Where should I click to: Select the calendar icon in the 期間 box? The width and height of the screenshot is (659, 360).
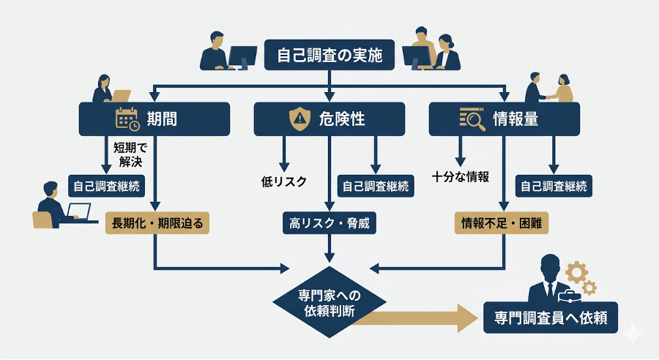(x=127, y=119)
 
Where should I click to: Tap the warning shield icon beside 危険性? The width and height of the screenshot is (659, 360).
(x=300, y=119)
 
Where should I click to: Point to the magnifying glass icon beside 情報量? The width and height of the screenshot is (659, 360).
(x=472, y=119)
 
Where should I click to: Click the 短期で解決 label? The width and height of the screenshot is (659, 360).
(x=130, y=154)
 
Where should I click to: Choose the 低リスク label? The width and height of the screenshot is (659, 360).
(x=283, y=181)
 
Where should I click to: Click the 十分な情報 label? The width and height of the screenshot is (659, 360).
(x=461, y=176)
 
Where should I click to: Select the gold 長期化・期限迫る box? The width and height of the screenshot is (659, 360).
(x=157, y=222)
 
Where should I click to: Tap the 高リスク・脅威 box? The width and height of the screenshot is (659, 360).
(x=329, y=222)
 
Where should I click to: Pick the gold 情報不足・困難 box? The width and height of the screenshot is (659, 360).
(x=502, y=222)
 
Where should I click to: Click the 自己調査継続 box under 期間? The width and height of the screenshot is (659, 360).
(x=106, y=186)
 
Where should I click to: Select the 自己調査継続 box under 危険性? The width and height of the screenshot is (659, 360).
(x=376, y=186)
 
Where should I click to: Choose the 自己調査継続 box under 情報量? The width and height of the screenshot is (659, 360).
(x=554, y=186)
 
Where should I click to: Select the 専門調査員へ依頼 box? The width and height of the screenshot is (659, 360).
(x=551, y=319)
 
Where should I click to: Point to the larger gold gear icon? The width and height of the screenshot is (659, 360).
(x=576, y=272)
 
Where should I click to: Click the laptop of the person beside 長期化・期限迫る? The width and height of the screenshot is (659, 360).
(x=77, y=213)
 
